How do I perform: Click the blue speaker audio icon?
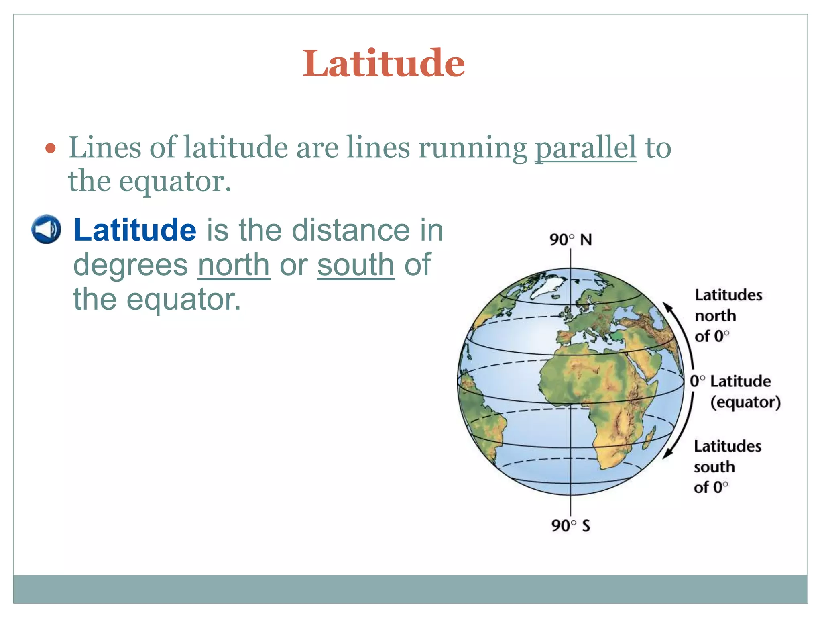point(46,229)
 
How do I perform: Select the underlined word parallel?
point(586,147)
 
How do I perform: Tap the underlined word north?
point(234,265)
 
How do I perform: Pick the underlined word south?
point(356,265)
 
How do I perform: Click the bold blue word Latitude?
point(135,230)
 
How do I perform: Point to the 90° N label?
point(570,240)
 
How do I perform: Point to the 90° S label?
point(570,525)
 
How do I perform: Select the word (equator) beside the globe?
point(745,402)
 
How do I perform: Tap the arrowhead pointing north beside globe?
point(667,307)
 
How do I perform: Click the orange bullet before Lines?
point(50,149)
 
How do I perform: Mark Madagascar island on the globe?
point(649,438)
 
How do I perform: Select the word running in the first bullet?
point(472,147)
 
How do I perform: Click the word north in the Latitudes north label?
point(715,316)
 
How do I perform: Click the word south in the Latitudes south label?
point(714,467)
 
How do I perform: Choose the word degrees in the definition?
point(130,265)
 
